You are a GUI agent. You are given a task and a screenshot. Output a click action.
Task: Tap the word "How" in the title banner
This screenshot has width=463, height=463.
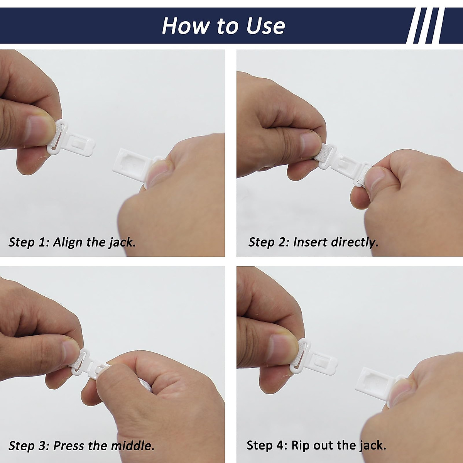click(x=186, y=25)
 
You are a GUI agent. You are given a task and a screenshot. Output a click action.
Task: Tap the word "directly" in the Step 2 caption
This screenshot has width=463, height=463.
click(x=355, y=243)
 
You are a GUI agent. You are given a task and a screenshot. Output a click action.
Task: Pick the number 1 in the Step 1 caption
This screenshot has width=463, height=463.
click(x=42, y=242)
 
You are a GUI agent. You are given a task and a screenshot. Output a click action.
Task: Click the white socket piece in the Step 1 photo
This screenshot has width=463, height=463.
click(x=135, y=165)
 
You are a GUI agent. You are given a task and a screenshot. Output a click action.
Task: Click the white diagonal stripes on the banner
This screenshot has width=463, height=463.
click(x=425, y=25)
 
